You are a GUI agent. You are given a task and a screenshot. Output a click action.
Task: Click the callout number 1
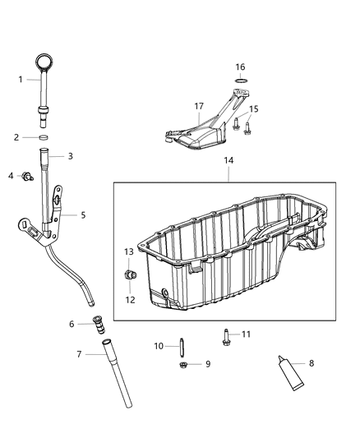point(21,79)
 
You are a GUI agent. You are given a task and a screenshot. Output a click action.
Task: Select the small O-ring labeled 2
point(48,137)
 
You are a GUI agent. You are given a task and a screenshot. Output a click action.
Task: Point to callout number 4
point(12,175)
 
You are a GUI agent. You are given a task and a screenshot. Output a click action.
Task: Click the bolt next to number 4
point(26,175)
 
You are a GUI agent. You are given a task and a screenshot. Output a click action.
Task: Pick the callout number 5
point(83,214)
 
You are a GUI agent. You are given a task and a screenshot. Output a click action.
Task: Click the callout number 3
point(71,155)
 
